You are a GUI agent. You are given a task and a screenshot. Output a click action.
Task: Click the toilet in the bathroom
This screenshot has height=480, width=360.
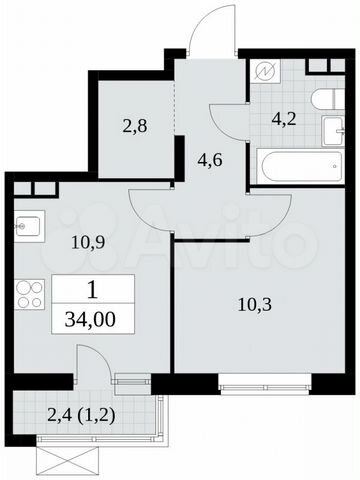[322, 100]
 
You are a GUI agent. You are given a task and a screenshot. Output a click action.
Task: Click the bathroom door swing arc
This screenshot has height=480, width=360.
[228, 120]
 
